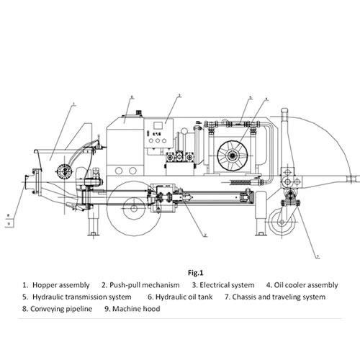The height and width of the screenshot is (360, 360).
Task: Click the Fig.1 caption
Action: [196, 273]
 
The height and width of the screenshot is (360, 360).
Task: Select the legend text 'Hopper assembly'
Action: [61, 285]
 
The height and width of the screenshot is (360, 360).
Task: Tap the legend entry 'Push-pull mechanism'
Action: [145, 285]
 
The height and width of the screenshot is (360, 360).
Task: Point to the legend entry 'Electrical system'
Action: [227, 285]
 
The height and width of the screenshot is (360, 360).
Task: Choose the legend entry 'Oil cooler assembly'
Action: [306, 285]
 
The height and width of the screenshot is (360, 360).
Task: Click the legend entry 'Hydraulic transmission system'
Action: [82, 297]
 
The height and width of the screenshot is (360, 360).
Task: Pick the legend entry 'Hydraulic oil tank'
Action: [184, 297]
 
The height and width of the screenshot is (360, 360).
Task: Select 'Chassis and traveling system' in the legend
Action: [279, 297]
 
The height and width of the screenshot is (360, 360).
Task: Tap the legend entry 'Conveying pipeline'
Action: [61, 309]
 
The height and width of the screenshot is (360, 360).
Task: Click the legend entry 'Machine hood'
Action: [136, 309]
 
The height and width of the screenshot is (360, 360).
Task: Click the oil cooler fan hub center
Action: [233, 156]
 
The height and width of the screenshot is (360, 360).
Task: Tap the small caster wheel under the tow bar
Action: [282, 222]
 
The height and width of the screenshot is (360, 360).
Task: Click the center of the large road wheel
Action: [134, 209]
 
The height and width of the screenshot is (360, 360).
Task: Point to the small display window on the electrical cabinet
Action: [158, 126]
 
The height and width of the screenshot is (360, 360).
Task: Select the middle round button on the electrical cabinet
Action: [158, 141]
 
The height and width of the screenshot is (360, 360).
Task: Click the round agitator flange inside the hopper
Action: [65, 171]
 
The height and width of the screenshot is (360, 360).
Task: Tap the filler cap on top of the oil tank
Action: [138, 113]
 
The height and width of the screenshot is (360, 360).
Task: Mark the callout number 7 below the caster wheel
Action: [318, 257]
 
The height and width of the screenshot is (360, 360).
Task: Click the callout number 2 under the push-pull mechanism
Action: [205, 235]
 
